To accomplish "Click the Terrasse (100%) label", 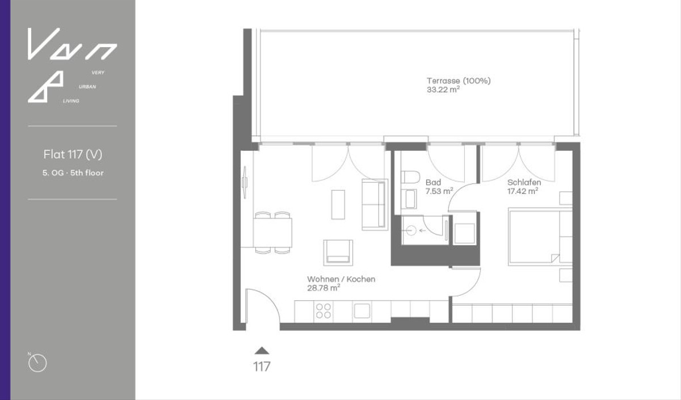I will [x=458, y=81].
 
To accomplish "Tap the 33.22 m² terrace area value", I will [x=443, y=90].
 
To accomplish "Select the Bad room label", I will [x=433, y=183].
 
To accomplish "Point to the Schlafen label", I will [x=524, y=183].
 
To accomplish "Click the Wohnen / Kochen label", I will [x=341, y=279].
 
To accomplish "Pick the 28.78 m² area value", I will [x=323, y=288].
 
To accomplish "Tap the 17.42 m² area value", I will [x=523, y=191].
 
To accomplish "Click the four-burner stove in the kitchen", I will [x=323, y=310].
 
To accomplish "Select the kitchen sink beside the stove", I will [x=361, y=310].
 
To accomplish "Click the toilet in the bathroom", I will [x=410, y=176].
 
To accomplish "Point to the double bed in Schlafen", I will [x=535, y=237].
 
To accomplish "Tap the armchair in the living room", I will [x=338, y=252].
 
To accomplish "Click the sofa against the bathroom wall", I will [x=375, y=204].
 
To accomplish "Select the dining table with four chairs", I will [x=273, y=232].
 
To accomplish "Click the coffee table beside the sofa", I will [x=338, y=204].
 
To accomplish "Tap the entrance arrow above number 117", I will [x=262, y=350].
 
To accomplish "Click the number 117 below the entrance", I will [x=262, y=367].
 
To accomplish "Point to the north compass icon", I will [x=37, y=363].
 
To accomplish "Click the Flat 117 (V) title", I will [x=73, y=154].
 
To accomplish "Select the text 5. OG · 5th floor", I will [x=73, y=172].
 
